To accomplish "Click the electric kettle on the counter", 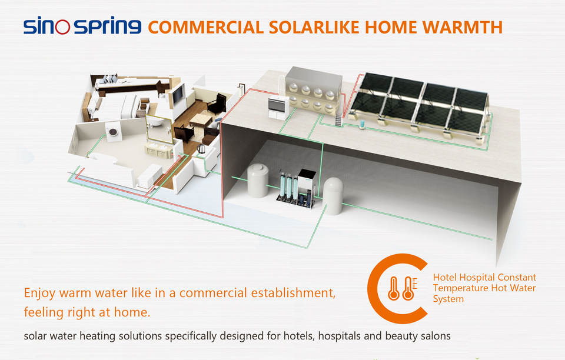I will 201,149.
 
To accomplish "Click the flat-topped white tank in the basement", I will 258,180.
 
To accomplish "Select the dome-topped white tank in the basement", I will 333,195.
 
